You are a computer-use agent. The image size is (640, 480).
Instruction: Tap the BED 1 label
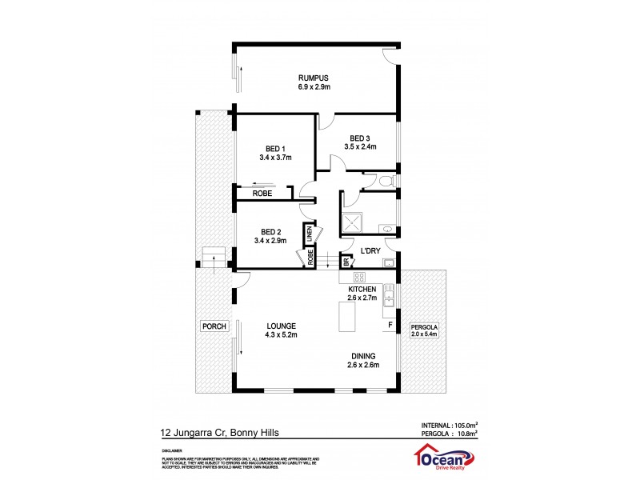(x=275, y=148)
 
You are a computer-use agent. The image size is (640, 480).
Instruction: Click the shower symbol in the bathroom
(x=353, y=222)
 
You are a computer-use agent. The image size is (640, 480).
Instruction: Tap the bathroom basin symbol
(x=387, y=228)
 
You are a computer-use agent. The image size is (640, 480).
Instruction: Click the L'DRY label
(x=370, y=251)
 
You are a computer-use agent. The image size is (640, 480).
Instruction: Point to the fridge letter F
(x=390, y=326)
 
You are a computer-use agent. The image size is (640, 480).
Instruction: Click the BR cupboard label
(x=346, y=262)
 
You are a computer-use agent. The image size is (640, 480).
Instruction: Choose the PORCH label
(x=215, y=326)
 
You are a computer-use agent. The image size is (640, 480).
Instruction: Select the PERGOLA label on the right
(x=425, y=327)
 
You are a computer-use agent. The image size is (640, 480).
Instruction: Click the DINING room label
(x=362, y=356)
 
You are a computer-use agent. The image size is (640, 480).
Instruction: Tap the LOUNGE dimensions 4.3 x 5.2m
(x=282, y=335)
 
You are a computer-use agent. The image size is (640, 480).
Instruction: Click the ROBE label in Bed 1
(x=262, y=194)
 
